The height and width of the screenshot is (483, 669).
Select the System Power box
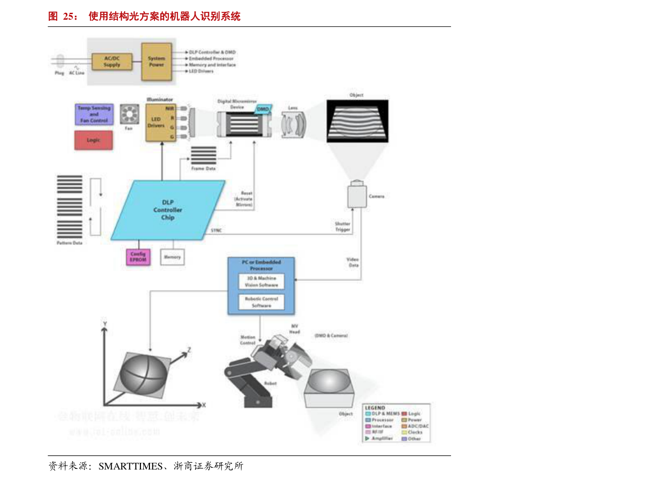point(156,61)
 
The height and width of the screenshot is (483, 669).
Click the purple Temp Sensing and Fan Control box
point(94,114)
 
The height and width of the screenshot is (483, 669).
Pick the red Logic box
point(93,140)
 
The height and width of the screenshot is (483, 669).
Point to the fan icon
point(129,114)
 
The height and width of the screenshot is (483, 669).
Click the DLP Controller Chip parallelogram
point(168,210)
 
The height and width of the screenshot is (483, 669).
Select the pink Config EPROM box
point(138,257)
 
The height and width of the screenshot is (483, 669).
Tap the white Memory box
point(172,257)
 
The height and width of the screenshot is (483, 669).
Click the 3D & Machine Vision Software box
point(261,281)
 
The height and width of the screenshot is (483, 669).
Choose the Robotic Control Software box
point(261,302)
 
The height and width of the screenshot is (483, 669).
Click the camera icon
point(357,195)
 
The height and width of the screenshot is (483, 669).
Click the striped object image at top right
point(357,120)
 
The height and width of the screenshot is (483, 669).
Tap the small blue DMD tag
point(263,109)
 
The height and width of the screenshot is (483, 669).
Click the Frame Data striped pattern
point(203,155)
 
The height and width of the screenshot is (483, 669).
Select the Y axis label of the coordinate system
point(104,324)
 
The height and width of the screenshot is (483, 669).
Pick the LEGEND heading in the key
point(375,408)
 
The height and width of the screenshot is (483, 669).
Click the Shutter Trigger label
point(343,227)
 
